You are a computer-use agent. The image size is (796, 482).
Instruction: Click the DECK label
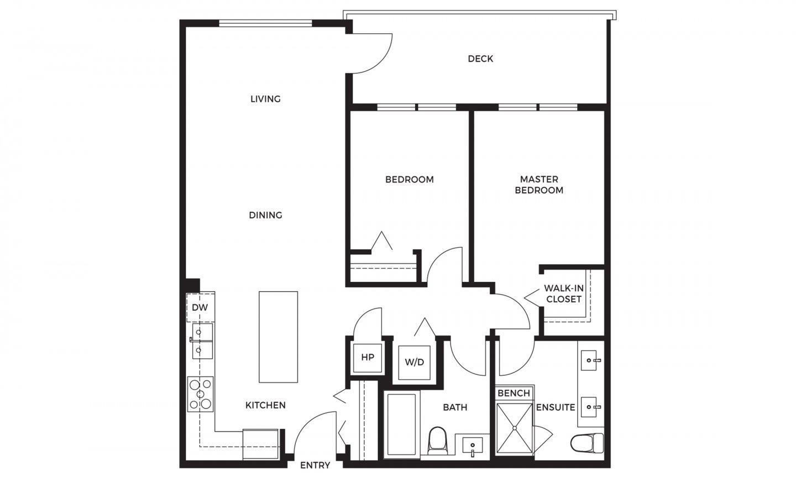click(x=480, y=59)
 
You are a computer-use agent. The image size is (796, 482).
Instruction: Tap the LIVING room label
click(x=265, y=99)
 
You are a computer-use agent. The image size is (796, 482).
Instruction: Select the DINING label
click(x=265, y=215)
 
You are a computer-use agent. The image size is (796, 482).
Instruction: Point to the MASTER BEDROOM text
click(x=539, y=185)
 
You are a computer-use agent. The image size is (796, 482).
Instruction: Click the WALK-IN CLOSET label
click(x=563, y=294)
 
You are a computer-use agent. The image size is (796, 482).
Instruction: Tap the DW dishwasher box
click(x=200, y=307)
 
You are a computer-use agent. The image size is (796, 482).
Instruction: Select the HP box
click(x=368, y=357)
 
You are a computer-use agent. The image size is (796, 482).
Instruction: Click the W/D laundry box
click(x=415, y=362)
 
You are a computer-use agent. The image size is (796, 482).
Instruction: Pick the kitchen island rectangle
click(x=278, y=337)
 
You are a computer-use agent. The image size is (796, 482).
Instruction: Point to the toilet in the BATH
click(x=437, y=439)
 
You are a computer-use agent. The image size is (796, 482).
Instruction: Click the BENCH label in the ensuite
click(x=514, y=393)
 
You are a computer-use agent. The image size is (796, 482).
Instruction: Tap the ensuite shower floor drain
click(x=514, y=427)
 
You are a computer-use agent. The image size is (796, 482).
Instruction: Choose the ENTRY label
click(x=315, y=465)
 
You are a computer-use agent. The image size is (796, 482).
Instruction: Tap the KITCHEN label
click(x=265, y=405)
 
